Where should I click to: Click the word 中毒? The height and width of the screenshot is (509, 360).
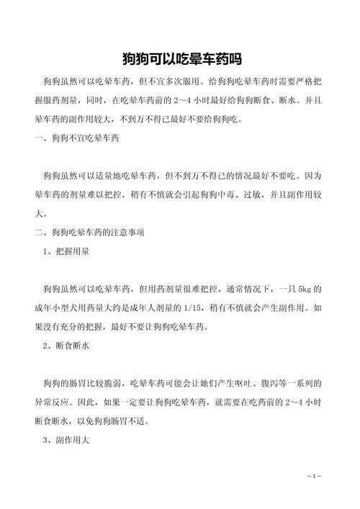pyautogui.click(x=217, y=194)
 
